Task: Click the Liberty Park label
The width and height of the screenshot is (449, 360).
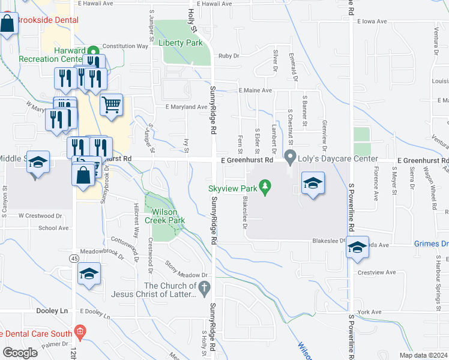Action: [x=181, y=43]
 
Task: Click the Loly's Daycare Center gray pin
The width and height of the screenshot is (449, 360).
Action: [x=291, y=158]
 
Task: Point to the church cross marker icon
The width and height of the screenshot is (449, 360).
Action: [x=204, y=289]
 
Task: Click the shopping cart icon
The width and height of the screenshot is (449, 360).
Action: [x=112, y=105]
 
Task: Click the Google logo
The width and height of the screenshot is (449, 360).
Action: [x=20, y=353]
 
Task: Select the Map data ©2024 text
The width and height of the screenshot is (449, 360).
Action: [x=423, y=355]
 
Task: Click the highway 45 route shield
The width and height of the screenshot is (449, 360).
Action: [x=73, y=258]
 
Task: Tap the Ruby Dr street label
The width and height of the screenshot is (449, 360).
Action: [x=229, y=56]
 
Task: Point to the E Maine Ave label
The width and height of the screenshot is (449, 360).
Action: [x=255, y=90]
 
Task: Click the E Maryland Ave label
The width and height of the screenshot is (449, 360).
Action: [x=186, y=107]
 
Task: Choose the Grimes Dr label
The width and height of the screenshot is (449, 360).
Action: [x=431, y=244]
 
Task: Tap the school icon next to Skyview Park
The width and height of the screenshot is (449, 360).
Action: [x=313, y=182]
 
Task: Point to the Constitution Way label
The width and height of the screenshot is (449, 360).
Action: [x=125, y=46]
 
